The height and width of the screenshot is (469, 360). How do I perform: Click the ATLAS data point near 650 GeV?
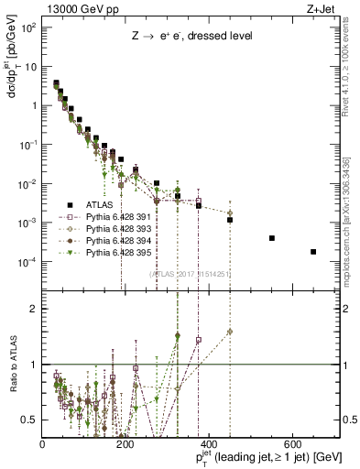point(313,252)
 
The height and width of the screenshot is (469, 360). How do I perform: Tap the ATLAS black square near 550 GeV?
point(272,238)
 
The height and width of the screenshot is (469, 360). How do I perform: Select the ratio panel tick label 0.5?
point(32,420)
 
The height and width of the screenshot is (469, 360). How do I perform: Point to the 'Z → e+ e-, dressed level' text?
point(184,38)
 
